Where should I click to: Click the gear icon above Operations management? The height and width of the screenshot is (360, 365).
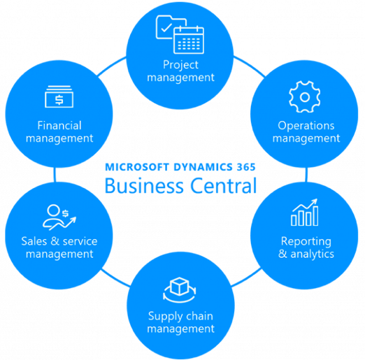(304, 96)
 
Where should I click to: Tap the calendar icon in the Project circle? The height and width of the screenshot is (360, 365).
(189, 40)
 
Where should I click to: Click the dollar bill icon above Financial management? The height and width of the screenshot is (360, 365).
(59, 96)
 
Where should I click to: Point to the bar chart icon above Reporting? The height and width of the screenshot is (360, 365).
(304, 213)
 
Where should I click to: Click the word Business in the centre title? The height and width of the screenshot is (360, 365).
(144, 186)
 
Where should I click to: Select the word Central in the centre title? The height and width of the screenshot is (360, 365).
(224, 186)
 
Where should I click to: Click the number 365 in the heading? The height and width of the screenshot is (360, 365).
(246, 167)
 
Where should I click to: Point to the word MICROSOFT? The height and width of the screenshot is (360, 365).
(137, 167)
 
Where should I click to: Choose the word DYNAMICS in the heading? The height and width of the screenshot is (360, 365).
(203, 167)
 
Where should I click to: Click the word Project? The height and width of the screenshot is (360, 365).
(180, 65)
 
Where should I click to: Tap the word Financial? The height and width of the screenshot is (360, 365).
(59, 125)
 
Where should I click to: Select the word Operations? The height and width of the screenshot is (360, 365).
(306, 126)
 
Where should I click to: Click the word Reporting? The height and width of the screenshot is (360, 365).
(306, 242)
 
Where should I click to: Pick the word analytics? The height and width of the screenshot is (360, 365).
(312, 254)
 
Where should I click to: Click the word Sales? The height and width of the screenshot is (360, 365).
(34, 241)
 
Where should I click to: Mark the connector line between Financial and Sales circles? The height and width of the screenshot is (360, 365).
(55, 175)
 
